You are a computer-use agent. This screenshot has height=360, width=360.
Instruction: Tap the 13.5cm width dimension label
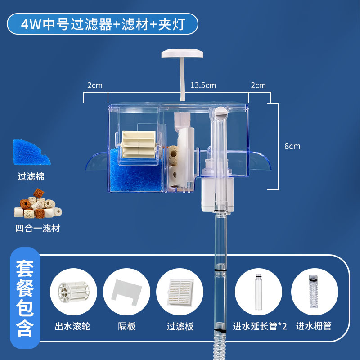[203, 85]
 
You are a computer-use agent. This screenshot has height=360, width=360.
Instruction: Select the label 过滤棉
[31, 177]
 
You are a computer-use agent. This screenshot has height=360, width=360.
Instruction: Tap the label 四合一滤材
[37, 229]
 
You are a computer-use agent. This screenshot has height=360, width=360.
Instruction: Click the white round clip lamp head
[182, 53]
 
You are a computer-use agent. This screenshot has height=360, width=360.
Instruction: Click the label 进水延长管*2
[260, 326]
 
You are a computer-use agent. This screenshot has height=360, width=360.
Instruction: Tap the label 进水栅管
[313, 326]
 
